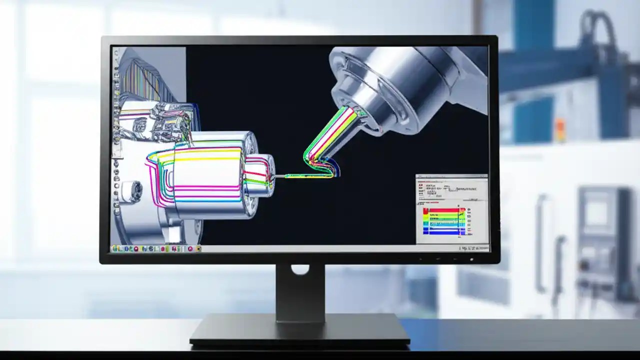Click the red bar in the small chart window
pyautogui.click(x=443, y=210)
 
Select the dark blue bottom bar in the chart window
pyautogui.click(x=443, y=232)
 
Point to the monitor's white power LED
pyautogui.click(x=471, y=259)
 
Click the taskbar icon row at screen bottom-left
pyautogui.click(x=155, y=248)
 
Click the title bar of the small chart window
pyautogui.click(x=451, y=176)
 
